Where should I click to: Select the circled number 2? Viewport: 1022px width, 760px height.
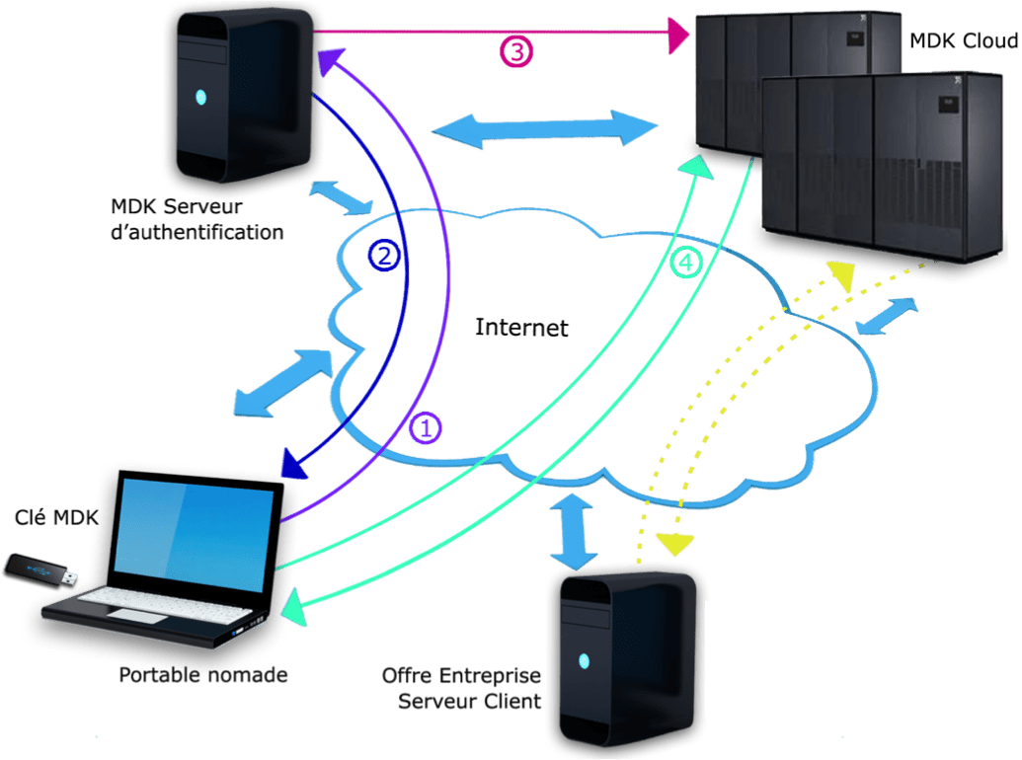(385, 256)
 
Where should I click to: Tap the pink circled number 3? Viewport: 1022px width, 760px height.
(515, 50)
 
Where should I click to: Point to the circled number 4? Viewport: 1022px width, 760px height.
(688, 263)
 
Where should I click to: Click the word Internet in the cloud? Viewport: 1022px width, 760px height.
(522, 327)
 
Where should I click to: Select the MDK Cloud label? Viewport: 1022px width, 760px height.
(963, 41)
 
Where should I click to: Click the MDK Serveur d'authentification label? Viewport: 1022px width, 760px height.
(197, 219)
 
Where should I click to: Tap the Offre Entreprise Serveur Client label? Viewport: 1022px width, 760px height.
(462, 688)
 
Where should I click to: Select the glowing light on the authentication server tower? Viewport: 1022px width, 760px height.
(200, 98)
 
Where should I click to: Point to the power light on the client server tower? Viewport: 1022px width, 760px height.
(585, 660)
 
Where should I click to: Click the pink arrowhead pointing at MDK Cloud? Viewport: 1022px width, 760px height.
(679, 37)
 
